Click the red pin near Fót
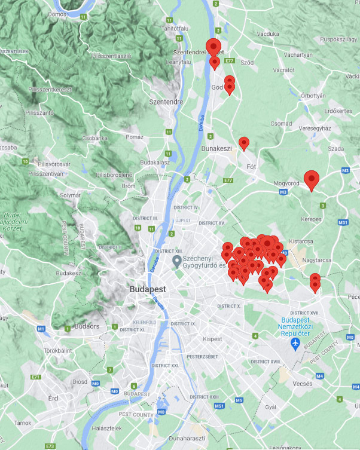click(x=244, y=143)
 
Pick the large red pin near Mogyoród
click(x=312, y=179)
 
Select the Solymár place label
click(x=70, y=195)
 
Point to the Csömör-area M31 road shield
click(x=342, y=222)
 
